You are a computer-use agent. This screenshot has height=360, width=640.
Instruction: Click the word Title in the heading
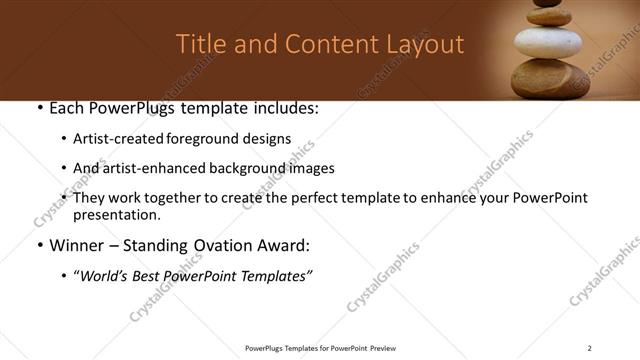pos(199,45)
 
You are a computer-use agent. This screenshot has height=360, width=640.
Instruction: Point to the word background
pos(241,168)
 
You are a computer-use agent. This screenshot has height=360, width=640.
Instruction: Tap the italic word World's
pos(104,276)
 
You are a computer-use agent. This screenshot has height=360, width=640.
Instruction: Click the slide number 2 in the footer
pos(589,348)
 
